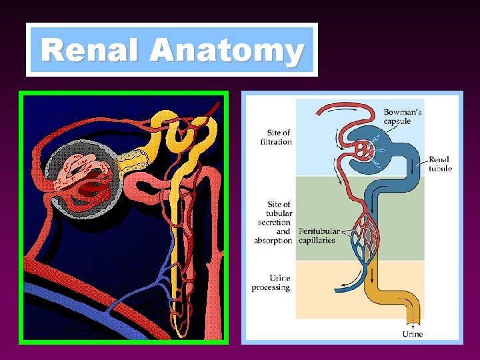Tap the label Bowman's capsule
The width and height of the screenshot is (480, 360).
click(x=402, y=117)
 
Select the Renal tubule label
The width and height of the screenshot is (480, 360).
click(x=439, y=164)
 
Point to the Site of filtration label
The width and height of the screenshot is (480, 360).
click(x=276, y=137)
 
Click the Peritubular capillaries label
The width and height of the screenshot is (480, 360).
click(x=317, y=235)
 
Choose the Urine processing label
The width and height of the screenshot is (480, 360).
click(x=271, y=283)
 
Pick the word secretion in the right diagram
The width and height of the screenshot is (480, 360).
click(x=275, y=222)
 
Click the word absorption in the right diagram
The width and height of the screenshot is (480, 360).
click(x=273, y=240)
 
